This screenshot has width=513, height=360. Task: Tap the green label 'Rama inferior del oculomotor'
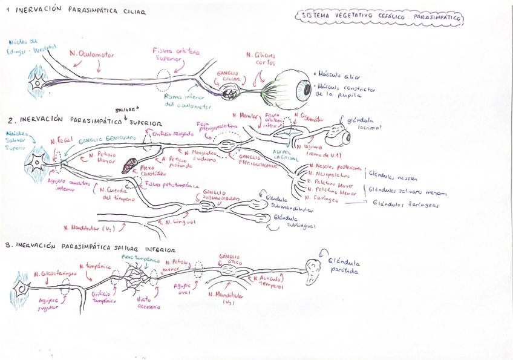[188, 102]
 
